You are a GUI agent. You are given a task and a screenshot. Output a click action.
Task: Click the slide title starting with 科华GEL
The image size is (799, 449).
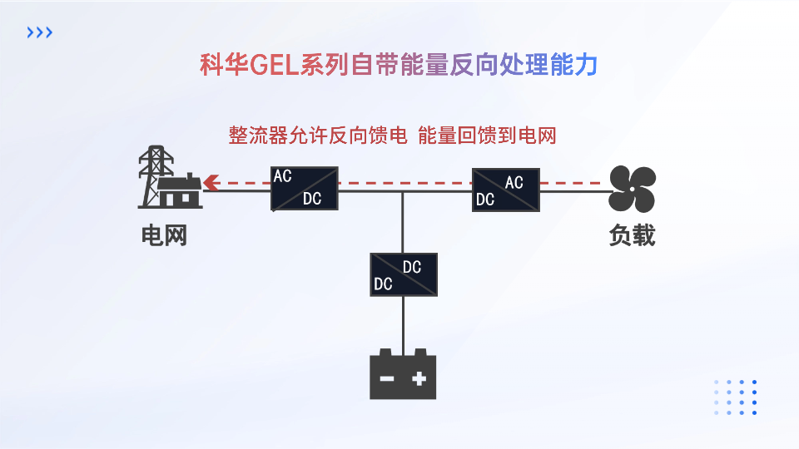(x=399, y=65)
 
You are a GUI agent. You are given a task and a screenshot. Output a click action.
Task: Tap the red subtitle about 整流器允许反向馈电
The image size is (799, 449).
(x=392, y=136)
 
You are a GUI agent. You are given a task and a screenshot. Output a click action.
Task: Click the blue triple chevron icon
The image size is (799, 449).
(x=40, y=32)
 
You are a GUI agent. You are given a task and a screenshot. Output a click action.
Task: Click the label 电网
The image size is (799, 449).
(x=163, y=236)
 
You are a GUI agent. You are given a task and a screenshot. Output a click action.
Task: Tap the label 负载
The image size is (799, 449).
(x=632, y=236)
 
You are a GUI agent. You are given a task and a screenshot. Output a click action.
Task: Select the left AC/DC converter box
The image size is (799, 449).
(x=305, y=189)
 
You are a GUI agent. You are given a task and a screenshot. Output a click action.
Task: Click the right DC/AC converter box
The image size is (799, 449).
(x=505, y=189)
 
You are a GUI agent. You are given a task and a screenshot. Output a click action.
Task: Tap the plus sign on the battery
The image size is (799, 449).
(x=419, y=379)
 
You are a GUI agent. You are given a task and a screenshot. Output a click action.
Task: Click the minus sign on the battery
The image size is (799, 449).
(x=387, y=379)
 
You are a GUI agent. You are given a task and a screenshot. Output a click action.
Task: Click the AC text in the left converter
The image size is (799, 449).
(x=283, y=176)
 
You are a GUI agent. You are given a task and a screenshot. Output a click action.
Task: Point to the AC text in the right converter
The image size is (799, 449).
(x=514, y=182)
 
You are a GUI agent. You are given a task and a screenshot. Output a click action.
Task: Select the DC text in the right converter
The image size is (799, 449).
(x=485, y=200)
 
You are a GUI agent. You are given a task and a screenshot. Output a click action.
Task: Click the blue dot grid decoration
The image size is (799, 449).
(x=735, y=397)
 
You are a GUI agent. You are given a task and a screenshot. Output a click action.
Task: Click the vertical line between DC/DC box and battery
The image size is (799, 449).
(x=404, y=324)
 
